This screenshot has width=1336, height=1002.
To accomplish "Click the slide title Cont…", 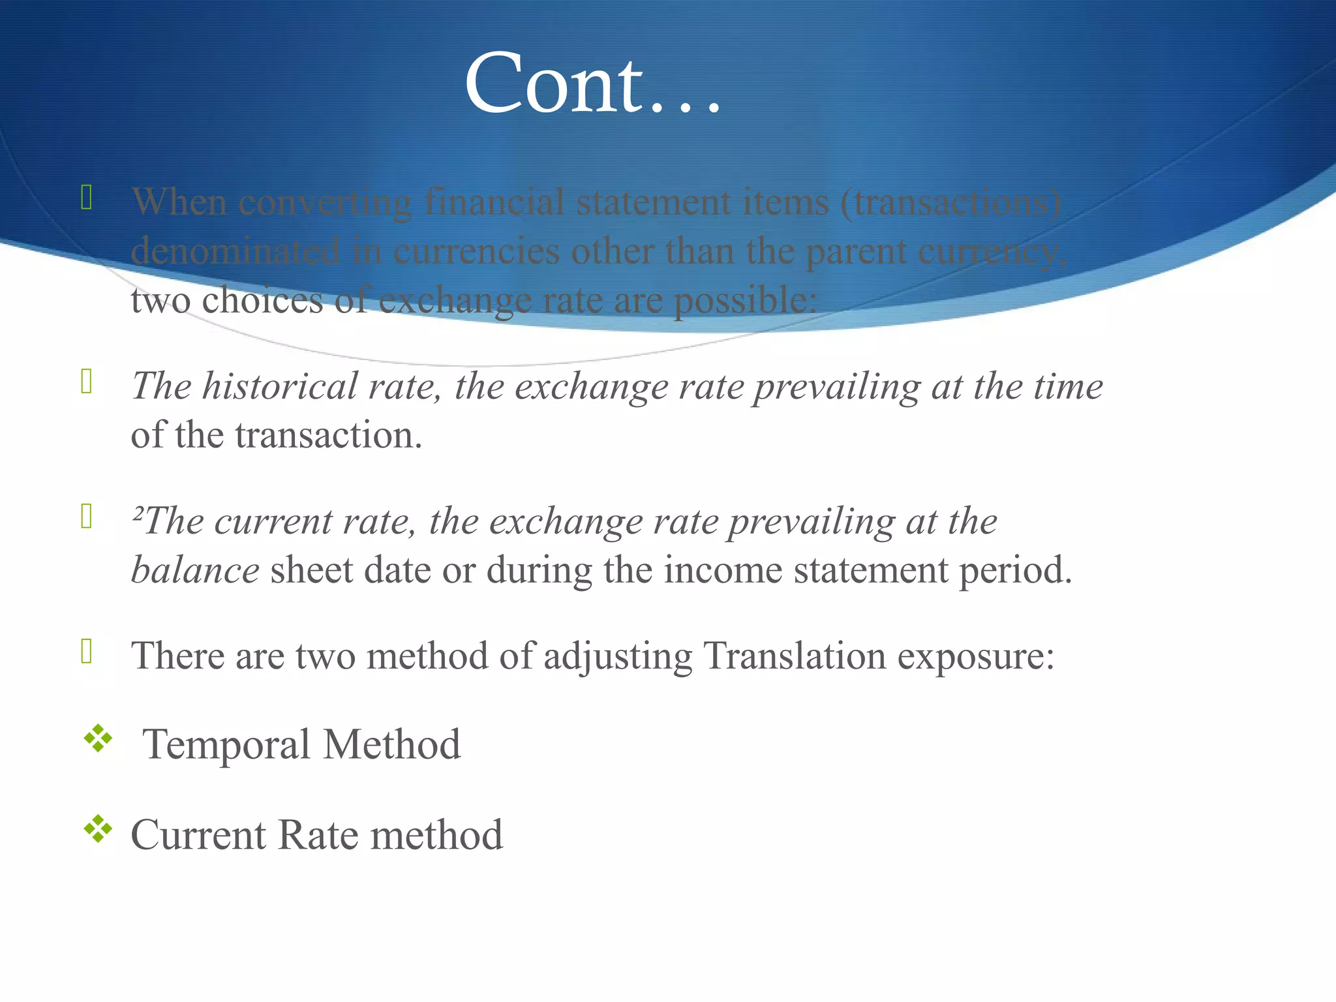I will click(592, 83).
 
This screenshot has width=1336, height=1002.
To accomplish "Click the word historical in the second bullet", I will click(280, 386).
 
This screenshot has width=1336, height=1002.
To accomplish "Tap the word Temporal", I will click(226, 744).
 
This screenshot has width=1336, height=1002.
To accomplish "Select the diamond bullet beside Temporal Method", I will click(98, 739).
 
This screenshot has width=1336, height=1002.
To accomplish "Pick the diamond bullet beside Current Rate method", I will click(98, 829).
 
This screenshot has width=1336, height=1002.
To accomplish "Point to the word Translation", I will click(795, 656).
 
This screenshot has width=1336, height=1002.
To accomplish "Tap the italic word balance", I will click(195, 570).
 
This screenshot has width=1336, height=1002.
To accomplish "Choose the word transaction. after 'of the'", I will click(329, 435).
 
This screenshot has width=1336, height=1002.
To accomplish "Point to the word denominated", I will click(235, 251).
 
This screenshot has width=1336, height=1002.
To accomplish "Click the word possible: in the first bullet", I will click(745, 301).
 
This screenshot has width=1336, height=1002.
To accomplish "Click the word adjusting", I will click(618, 657).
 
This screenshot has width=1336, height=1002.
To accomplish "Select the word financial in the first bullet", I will click(494, 202).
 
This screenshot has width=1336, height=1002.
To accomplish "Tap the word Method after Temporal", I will click(392, 744).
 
